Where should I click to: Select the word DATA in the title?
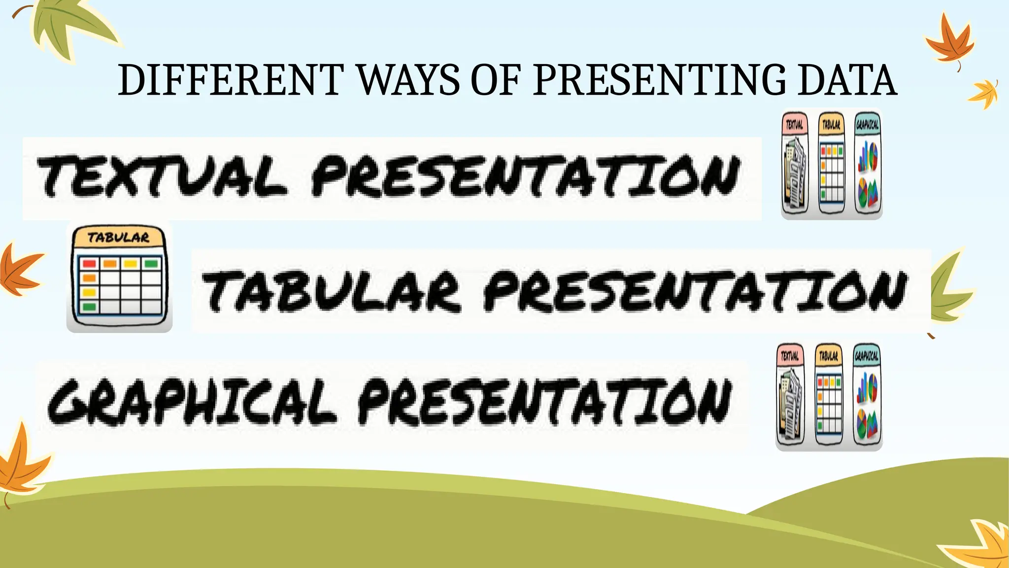point(847,80)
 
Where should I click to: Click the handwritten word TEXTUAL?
point(163,177)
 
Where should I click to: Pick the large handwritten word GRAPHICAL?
point(192,402)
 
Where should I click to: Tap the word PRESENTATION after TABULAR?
point(695,291)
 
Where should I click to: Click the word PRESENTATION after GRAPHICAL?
point(544,402)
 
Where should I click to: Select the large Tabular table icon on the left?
point(119,277)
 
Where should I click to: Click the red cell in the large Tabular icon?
point(89,263)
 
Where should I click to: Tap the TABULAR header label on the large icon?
point(118,238)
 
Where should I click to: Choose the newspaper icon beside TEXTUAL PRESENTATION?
point(795,165)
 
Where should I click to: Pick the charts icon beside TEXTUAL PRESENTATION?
point(868,165)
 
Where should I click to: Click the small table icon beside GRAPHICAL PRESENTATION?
point(829,396)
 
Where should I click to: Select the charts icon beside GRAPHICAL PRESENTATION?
point(867,396)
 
